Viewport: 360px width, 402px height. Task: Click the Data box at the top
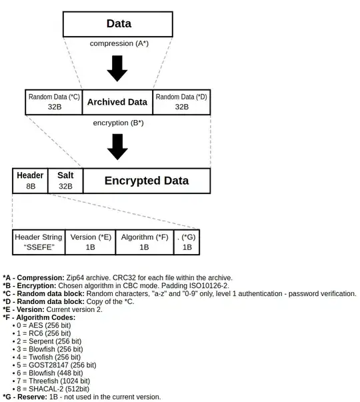point(118,24)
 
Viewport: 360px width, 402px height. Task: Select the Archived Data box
point(117,102)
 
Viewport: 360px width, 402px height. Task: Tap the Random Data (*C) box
point(54,102)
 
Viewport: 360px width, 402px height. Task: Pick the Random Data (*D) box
point(181,102)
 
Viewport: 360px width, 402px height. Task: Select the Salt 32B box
point(65,181)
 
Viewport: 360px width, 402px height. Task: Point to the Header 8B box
point(30,181)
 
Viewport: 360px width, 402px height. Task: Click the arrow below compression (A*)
point(117,69)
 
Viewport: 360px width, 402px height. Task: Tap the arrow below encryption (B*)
point(117,147)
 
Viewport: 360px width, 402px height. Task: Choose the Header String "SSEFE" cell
point(39,242)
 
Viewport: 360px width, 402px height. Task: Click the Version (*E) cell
point(90,242)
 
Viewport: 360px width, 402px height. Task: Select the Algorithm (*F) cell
point(144,242)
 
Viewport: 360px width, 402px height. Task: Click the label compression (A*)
point(118,43)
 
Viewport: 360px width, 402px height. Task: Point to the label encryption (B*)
point(118,123)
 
